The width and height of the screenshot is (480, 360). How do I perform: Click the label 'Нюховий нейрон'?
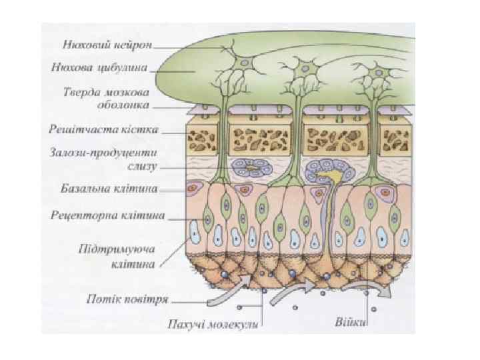pos(107,47)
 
